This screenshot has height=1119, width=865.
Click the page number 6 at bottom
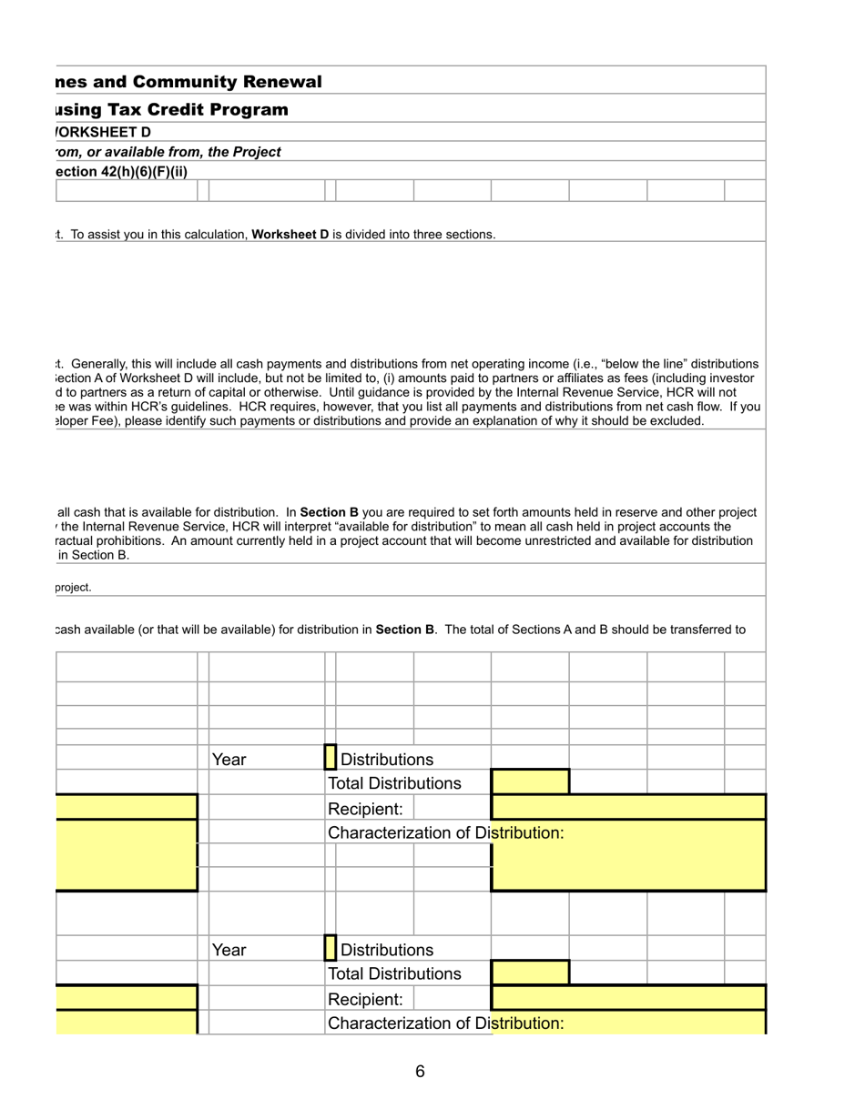(x=420, y=1071)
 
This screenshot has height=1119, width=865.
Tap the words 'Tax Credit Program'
(x=197, y=110)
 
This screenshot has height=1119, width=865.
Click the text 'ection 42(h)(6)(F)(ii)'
(x=120, y=171)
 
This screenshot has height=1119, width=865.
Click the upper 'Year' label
(x=229, y=760)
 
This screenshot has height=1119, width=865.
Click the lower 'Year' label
(x=229, y=950)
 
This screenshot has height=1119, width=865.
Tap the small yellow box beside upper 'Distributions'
(x=331, y=757)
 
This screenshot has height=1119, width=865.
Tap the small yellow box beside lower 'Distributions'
(x=331, y=948)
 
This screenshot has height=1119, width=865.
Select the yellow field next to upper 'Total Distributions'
(x=530, y=782)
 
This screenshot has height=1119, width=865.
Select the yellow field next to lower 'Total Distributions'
(x=530, y=973)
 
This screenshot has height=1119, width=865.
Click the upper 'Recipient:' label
(x=365, y=809)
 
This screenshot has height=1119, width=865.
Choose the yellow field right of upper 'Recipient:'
(x=628, y=807)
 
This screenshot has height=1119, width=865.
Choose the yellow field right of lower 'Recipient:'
(x=628, y=997)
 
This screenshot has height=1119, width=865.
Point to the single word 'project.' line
(x=74, y=588)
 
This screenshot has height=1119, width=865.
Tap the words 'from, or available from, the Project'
(x=168, y=152)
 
